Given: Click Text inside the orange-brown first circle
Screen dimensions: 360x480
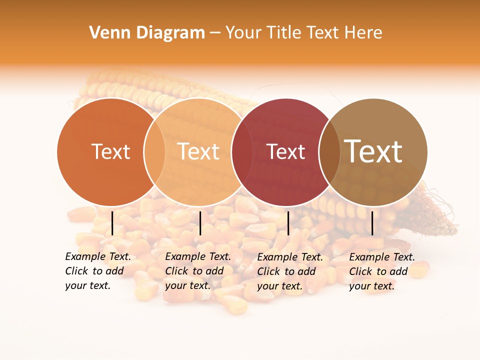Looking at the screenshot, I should point(110,152).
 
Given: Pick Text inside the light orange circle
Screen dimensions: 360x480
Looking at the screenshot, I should point(198,152).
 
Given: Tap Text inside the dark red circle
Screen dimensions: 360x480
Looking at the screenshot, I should point(285,152).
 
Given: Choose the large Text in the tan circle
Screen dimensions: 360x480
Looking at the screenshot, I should point(373,151).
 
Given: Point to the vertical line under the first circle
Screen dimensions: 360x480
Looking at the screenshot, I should point(112,223).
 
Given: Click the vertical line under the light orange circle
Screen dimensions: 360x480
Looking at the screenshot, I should point(200,223).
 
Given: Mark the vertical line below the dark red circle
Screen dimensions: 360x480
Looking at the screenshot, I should point(288,223).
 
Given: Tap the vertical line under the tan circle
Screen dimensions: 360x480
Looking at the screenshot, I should point(372,223).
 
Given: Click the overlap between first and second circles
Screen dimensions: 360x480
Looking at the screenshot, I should point(154,152).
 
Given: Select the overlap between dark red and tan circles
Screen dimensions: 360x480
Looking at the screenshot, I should point(329,152).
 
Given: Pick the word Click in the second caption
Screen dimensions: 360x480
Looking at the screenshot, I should point(177,271).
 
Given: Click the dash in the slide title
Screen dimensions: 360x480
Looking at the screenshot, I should point(215,33).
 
